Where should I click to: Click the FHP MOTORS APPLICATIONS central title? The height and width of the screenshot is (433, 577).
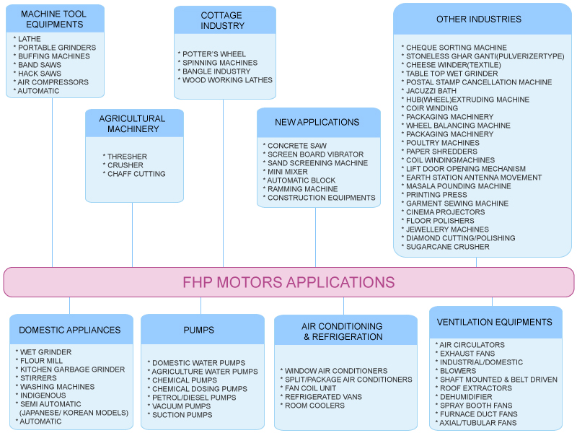coord(288,282)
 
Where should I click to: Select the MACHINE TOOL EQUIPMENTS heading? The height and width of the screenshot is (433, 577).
coord(53,19)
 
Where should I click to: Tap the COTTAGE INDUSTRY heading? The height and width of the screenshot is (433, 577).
coord(222,21)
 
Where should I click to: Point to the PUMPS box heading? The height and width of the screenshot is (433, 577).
coord(199,330)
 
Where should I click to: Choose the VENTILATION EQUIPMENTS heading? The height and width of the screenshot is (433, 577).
coord(494,322)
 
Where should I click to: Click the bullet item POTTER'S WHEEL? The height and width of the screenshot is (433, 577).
coord(214,54)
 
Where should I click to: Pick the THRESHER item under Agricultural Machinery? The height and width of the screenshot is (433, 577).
coord(127,157)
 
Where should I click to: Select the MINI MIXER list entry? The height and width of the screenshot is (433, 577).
coord(287,172)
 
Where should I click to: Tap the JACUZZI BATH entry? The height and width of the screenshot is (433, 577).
coord(431,91)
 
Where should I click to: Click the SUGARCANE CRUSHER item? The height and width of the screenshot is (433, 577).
coord(447,247)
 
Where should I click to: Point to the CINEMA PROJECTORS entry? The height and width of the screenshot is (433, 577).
coord(445,212)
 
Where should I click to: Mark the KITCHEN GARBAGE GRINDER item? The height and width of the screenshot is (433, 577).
coord(72,369)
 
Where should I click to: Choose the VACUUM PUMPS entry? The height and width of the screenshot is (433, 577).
coord(182,406)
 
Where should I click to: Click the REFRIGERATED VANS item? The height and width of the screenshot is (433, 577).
coord(323,397)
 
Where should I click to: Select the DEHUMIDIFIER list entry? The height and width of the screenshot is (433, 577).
coord(466,397)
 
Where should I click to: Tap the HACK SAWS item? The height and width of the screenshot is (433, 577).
coord(40,74)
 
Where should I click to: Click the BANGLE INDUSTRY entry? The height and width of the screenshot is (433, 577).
coord(216,71)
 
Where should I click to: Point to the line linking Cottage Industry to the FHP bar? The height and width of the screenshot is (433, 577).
coord(223,183)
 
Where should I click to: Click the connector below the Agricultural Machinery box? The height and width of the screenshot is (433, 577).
coord(132,235)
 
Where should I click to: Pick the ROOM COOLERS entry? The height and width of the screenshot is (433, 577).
coord(314,406)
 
